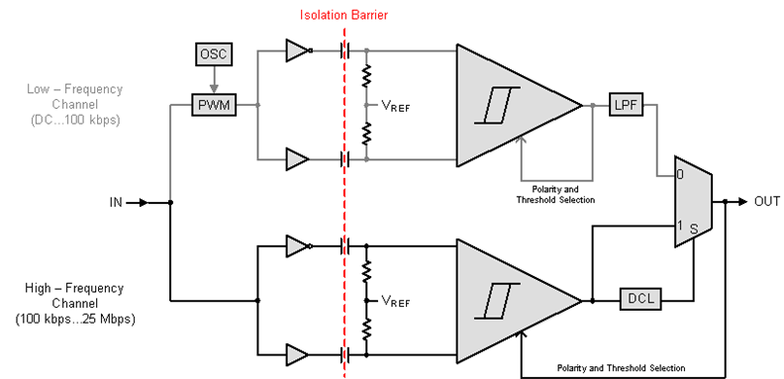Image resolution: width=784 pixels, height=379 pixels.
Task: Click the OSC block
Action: tap(213, 53)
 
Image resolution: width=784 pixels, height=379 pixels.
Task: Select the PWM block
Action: tap(213, 104)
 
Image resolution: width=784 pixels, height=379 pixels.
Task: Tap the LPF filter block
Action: tap(626, 104)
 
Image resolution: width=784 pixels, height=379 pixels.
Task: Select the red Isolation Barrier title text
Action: tap(344, 15)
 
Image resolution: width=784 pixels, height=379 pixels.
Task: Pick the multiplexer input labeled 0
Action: tap(680, 176)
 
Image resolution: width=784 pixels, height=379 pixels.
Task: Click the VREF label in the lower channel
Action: tap(397, 299)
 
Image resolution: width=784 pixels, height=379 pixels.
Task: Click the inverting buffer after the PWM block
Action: tap(297, 50)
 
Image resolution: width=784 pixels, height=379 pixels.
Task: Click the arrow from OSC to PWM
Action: tap(213, 80)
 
